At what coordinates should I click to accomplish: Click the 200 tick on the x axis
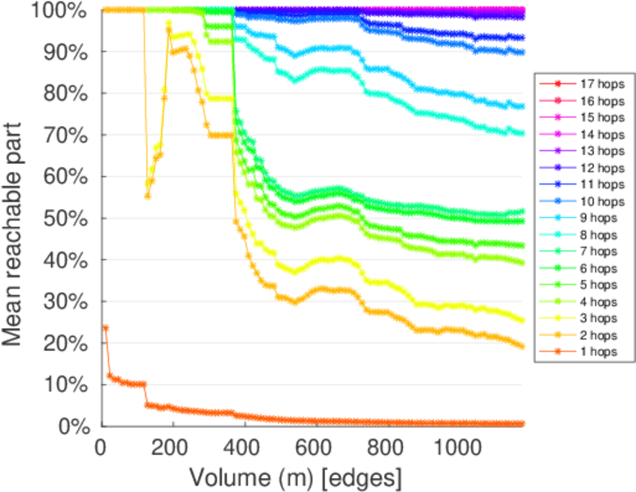[x=172, y=449]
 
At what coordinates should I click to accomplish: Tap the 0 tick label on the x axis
[x=101, y=449]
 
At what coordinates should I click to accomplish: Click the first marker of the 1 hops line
[x=105, y=327]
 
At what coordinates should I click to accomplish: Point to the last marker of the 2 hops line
[x=521, y=346]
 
